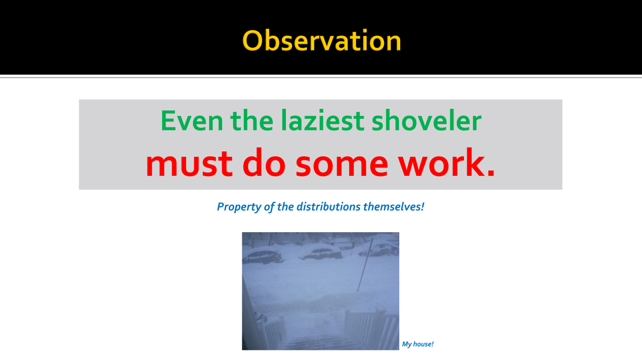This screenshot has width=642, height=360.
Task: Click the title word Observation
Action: coord(322,41)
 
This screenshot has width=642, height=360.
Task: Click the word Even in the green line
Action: coord(192,121)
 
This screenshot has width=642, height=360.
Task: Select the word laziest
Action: coord(323,120)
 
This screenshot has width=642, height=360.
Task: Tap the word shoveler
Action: coord(426,120)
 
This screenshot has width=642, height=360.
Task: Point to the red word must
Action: coord(189,163)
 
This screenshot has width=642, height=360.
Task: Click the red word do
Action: coord(264,162)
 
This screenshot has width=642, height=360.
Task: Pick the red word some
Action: coord(342,165)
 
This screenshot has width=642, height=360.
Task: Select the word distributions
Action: coord(329,207)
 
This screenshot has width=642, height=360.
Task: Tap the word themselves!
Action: coord(394,207)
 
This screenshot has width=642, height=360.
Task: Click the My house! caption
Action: coord(418,344)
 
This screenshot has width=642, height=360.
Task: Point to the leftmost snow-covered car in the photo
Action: coord(262,256)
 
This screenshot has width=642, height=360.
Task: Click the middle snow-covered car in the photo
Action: coord(321,252)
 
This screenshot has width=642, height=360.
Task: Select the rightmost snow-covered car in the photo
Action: coord(380,249)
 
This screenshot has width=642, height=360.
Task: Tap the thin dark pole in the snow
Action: coord(365,265)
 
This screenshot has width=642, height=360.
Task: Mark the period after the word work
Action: coord(491,172)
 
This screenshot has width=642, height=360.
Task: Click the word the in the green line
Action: coord(252,120)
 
